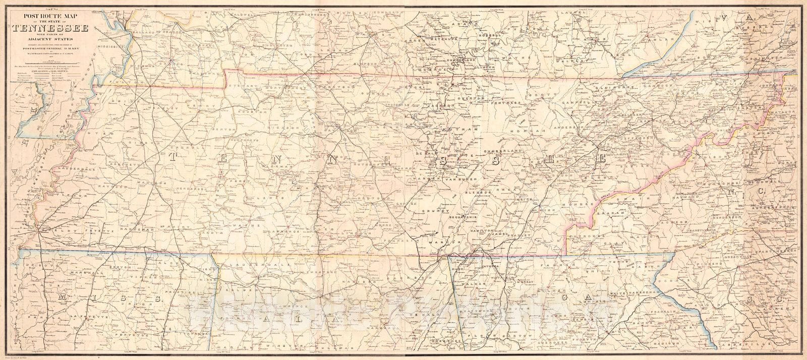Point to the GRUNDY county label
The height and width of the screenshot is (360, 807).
[x=442, y=212]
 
